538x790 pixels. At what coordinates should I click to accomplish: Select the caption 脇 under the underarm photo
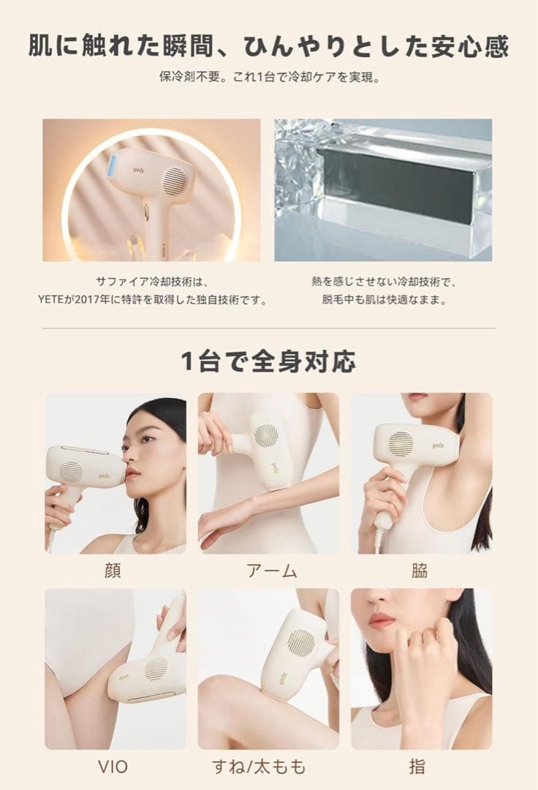(419, 571)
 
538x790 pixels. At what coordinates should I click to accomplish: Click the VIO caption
(113, 767)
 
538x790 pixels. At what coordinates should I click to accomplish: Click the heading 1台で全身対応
(268, 361)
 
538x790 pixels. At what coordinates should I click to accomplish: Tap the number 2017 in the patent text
(110, 300)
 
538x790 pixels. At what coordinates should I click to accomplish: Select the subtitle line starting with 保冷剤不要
(268, 76)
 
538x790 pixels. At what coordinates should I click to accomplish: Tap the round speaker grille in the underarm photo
(401, 443)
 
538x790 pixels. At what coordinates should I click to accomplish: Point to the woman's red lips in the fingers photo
(382, 620)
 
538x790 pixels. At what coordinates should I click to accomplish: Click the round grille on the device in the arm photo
(268, 437)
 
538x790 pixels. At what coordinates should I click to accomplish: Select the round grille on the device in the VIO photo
(156, 668)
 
